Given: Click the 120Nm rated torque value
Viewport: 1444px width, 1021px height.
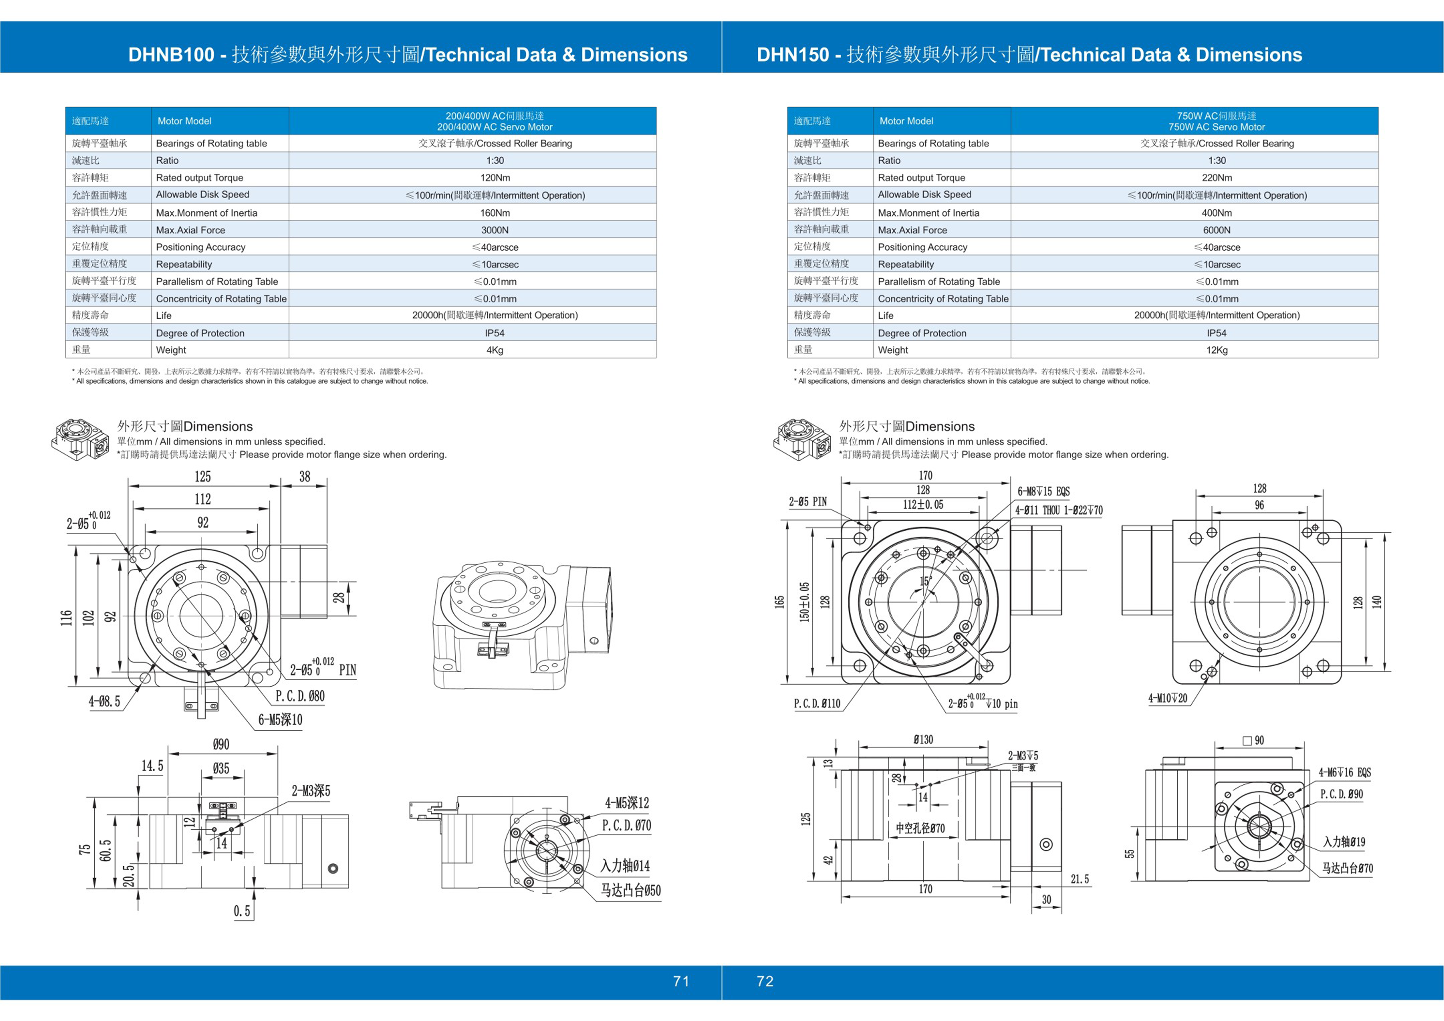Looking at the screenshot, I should (495, 178).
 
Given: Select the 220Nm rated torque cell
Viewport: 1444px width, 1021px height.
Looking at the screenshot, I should (1216, 178).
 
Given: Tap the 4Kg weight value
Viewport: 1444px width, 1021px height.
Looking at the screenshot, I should (495, 350).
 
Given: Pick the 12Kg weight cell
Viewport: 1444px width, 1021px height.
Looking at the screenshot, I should (1216, 350).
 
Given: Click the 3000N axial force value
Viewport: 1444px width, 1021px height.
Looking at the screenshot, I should (495, 230).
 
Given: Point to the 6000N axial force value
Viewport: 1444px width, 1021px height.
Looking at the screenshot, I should (1216, 230).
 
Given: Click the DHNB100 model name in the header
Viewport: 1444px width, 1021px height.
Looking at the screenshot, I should (171, 55).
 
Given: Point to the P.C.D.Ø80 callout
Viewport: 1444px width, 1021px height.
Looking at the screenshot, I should (300, 696).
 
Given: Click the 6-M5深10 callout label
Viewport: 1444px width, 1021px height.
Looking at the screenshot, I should (280, 720).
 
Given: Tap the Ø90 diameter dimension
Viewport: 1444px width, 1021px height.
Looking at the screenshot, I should (221, 745).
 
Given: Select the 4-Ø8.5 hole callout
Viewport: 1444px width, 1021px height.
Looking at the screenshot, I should (105, 702).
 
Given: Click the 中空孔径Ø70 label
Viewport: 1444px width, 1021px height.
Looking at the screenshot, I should (920, 828).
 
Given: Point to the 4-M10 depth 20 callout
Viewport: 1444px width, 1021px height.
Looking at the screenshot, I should (1168, 698).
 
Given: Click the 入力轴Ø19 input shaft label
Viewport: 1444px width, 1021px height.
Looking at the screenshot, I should (1344, 842).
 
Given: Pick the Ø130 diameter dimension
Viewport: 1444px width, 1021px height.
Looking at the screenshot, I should (923, 740).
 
